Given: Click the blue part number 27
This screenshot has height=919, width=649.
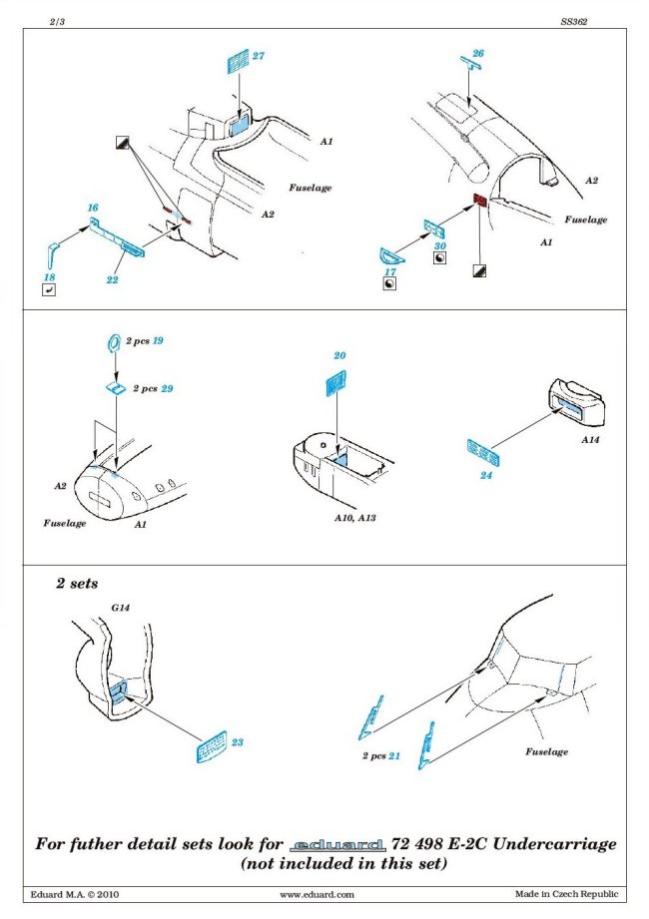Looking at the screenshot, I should pyautogui.click(x=258, y=57).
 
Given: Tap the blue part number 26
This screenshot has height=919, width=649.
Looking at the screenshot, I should pyautogui.click(x=478, y=53).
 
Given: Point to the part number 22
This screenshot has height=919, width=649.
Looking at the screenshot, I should pyautogui.click(x=112, y=280).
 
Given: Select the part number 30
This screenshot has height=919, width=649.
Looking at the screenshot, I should pyautogui.click(x=440, y=244).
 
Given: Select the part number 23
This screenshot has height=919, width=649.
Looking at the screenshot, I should pyautogui.click(x=237, y=742).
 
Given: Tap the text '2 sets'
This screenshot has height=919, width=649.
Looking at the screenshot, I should pyautogui.click(x=77, y=582).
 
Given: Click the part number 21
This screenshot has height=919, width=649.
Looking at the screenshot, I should pyautogui.click(x=394, y=756).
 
